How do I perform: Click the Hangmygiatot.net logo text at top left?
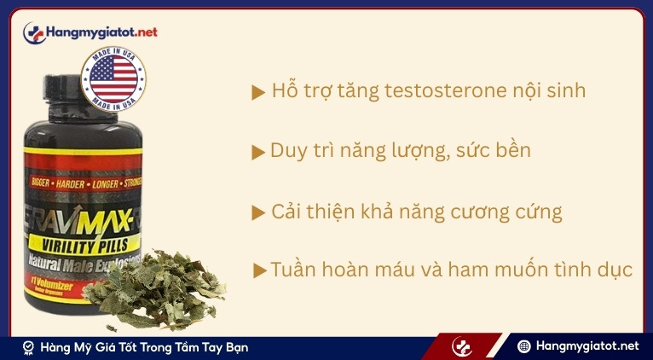pyautogui.click(x=103, y=32)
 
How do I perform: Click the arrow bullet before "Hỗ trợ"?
pyautogui.click(x=258, y=93)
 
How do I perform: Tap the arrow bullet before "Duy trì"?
pyautogui.click(x=258, y=153)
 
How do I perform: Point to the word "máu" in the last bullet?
pyautogui.click(x=413, y=270)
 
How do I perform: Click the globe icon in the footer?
pyautogui.click(x=524, y=346)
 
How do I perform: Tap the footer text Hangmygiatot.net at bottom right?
pyautogui.click(x=587, y=346)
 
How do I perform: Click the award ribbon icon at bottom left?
pyautogui.click(x=28, y=347)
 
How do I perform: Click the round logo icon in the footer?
pyautogui.click(x=462, y=346)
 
